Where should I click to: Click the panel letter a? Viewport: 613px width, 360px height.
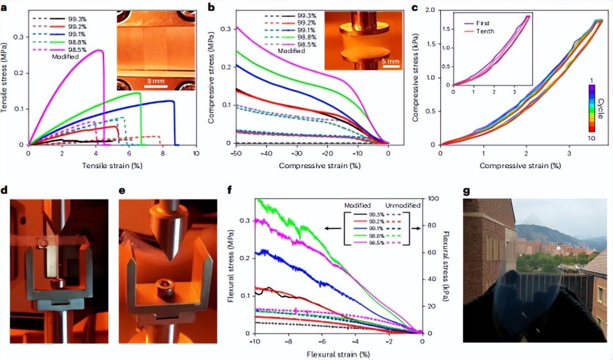click(x=5, y=7)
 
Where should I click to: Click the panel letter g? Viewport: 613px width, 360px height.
click(x=466, y=191)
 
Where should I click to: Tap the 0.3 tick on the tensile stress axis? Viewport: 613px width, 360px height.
click(x=19, y=37)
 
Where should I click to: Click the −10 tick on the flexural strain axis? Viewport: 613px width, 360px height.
click(x=254, y=341)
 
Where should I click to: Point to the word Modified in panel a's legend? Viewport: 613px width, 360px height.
click(x=65, y=56)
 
